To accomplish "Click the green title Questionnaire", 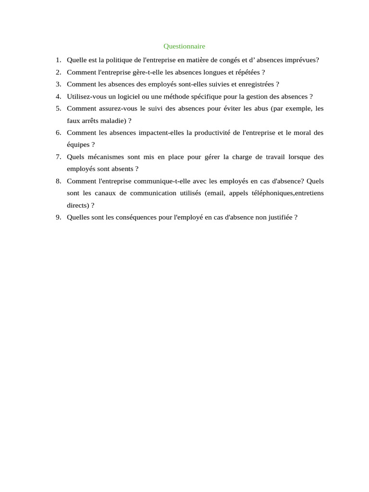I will tap(184, 46).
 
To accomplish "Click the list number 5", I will tap(58, 109).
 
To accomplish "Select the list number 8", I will tap(58, 181).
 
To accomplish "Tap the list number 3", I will tap(58, 84).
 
